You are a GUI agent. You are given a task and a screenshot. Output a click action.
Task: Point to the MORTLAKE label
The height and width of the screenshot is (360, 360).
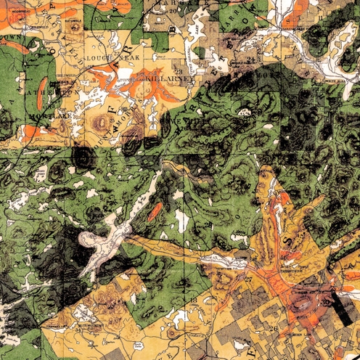(41, 115)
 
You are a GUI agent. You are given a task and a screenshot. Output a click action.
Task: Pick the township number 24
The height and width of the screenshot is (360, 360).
(250, 59)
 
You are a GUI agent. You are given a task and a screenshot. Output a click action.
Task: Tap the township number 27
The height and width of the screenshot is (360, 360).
(247, 279)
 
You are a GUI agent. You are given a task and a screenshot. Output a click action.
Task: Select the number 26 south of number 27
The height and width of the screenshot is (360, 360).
(274, 328)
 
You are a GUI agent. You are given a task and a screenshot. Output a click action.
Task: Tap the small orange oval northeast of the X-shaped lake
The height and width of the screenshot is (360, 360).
(154, 212)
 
